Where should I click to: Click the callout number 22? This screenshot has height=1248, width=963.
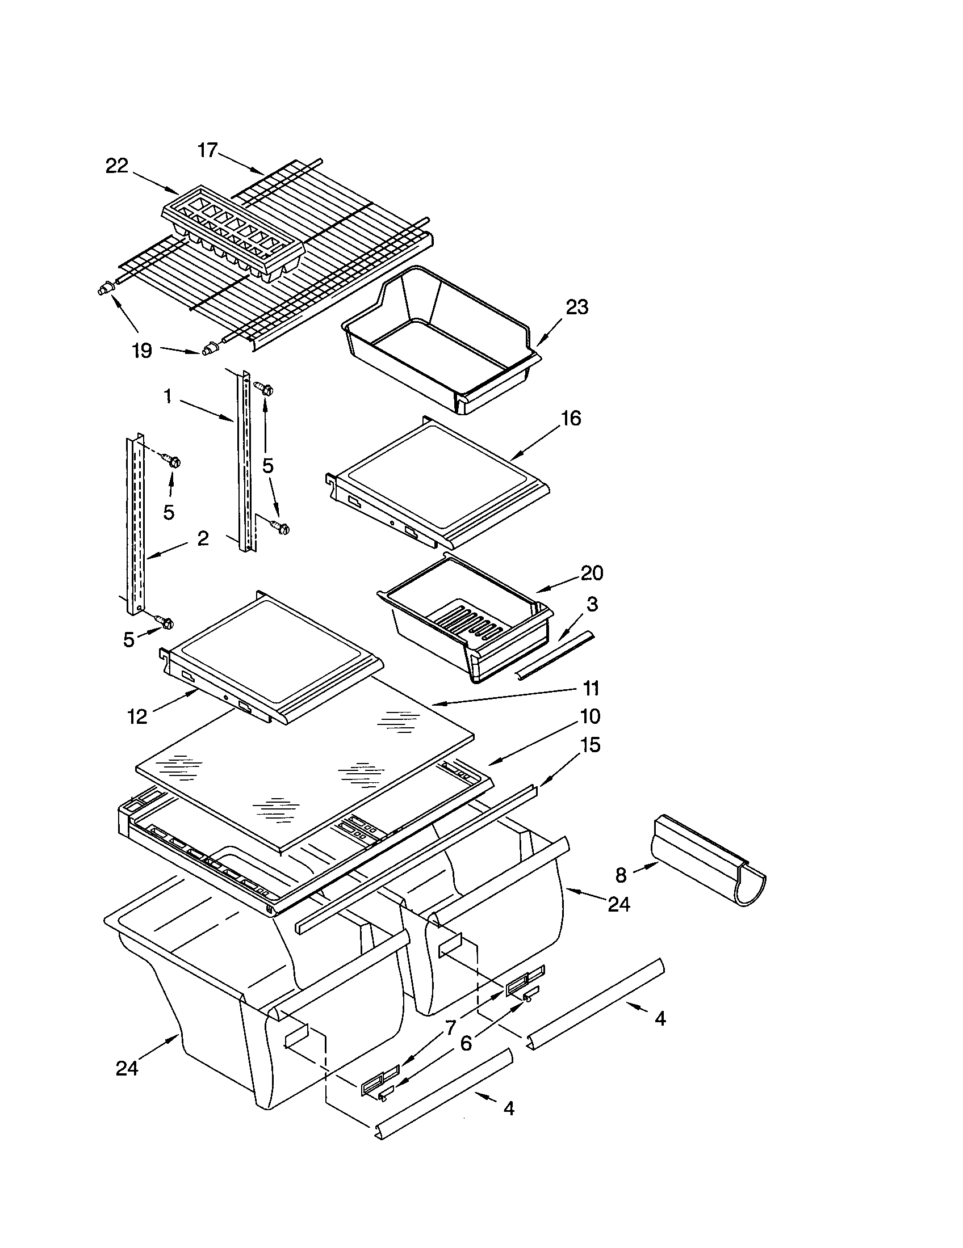tap(116, 166)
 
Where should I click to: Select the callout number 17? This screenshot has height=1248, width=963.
tap(208, 150)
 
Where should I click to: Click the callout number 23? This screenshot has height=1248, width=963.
tap(576, 307)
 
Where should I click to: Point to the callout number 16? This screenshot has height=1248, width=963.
tap(571, 418)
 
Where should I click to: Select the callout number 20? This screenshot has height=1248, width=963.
tap(592, 572)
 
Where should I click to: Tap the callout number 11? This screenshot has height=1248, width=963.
tap(591, 688)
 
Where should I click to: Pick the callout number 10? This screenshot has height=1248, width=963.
tap(591, 716)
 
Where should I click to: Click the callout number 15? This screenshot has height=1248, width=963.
tap(591, 745)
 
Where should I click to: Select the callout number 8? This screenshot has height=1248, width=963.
tap(621, 875)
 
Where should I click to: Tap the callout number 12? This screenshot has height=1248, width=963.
tap(137, 716)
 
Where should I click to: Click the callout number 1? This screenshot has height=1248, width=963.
tap(168, 396)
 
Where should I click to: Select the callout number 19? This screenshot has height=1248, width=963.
tap(142, 350)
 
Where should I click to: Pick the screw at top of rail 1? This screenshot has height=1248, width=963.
tap(265, 388)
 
